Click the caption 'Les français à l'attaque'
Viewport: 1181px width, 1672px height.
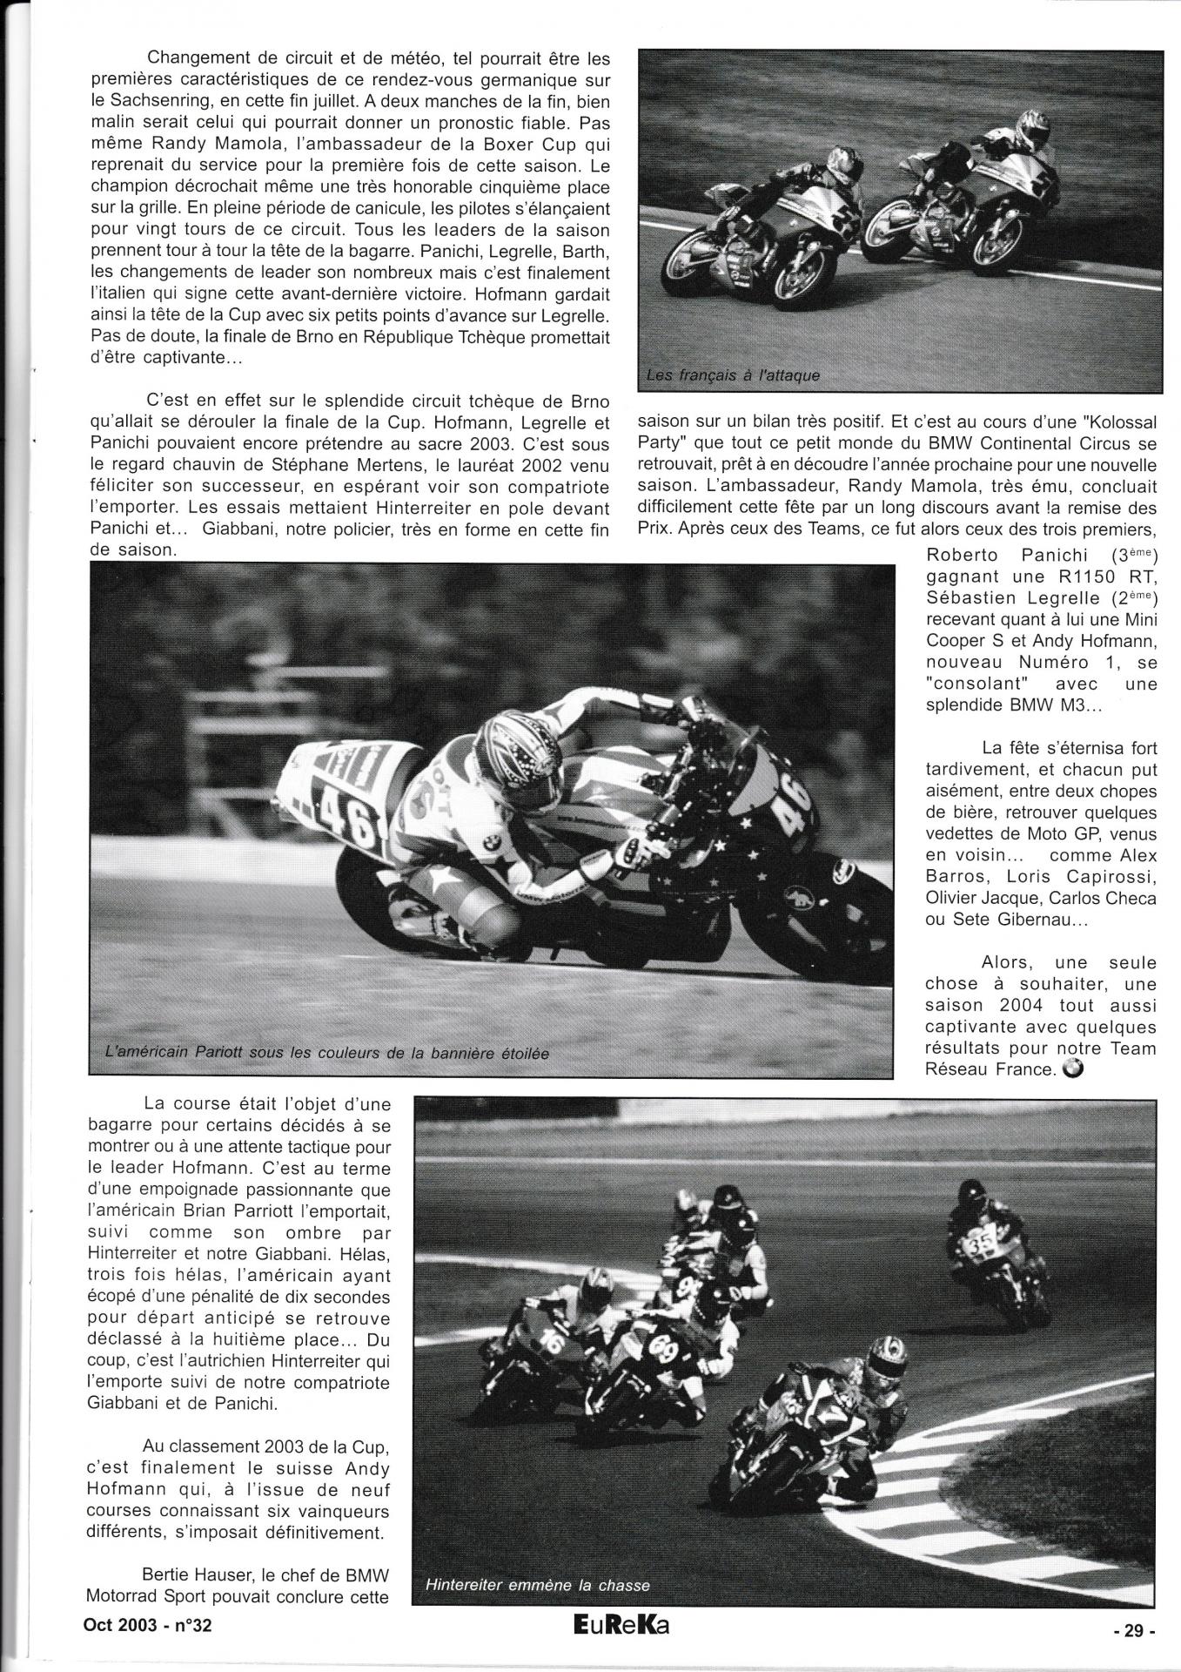pyautogui.click(x=733, y=376)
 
